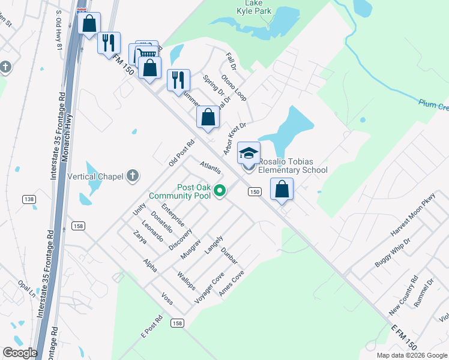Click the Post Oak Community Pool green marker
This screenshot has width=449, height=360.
220,191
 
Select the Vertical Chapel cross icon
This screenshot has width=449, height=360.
133,176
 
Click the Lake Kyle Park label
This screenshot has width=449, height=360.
253,7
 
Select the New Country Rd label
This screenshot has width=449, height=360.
403,296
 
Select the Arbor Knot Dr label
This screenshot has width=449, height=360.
235,138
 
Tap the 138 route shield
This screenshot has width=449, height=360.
29,199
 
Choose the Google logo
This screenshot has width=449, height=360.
20,353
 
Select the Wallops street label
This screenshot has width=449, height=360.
186,281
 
